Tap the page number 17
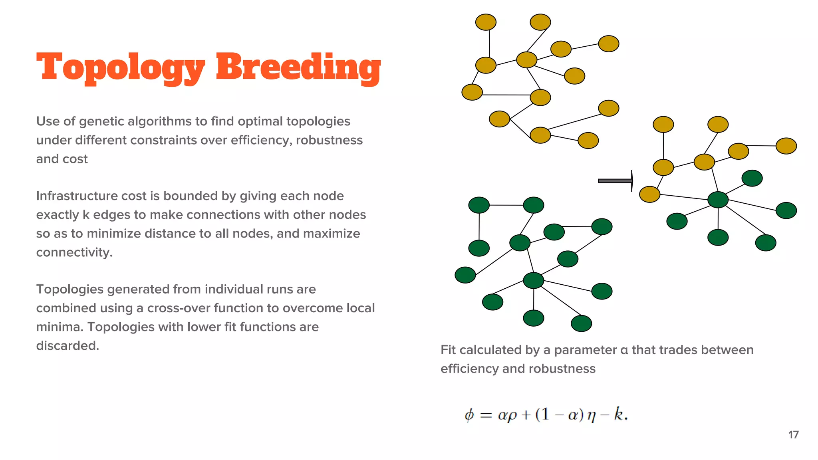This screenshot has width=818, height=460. click(x=793, y=434)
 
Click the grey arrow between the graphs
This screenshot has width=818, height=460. click(x=615, y=181)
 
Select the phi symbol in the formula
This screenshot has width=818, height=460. click(x=469, y=415)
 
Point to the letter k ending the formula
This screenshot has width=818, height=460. click(x=618, y=414)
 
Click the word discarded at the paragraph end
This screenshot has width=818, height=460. click(x=67, y=345)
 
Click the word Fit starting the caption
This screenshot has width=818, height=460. click(x=448, y=350)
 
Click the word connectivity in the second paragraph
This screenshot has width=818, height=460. click(x=74, y=252)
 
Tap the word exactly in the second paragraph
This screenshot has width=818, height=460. click(x=57, y=214)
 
